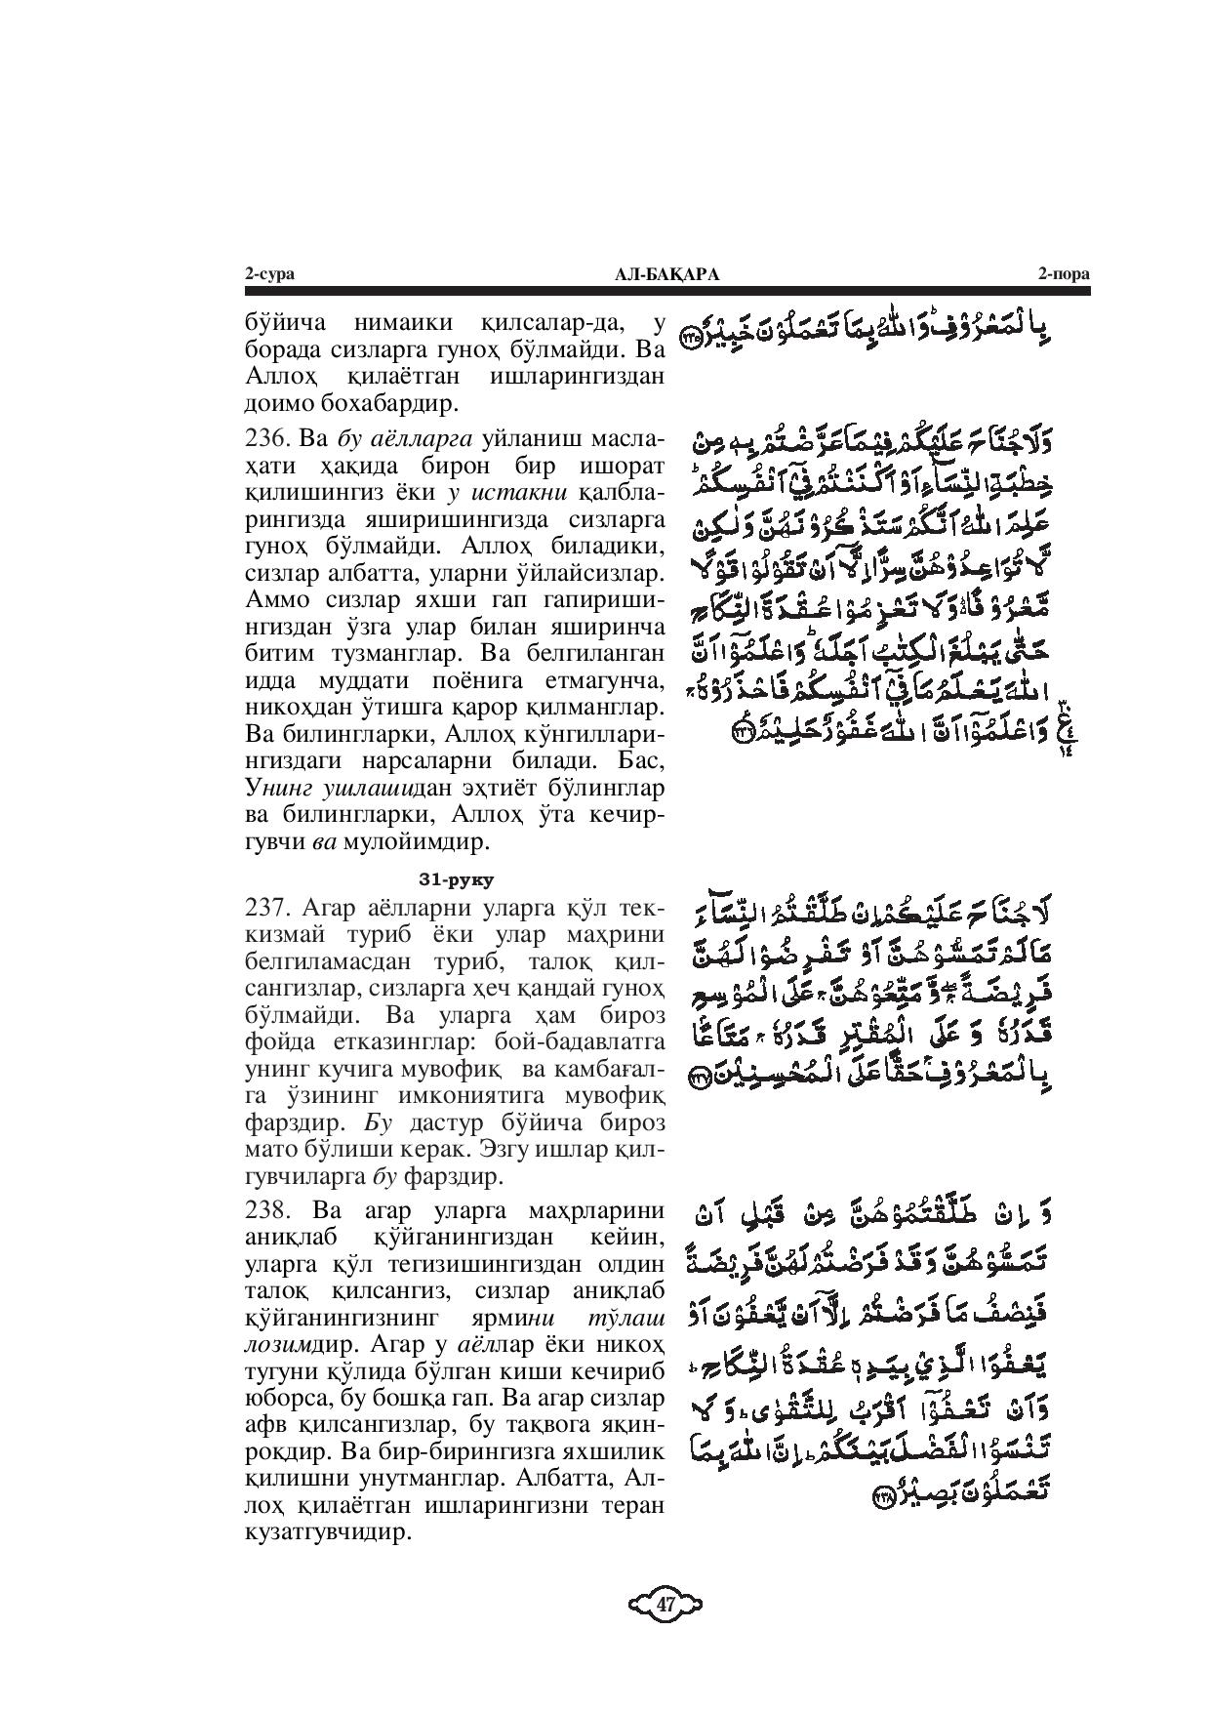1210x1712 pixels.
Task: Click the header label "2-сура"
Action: coord(269,275)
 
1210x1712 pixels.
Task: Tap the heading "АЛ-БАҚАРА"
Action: coord(666,275)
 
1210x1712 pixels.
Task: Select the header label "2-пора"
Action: coord(1064,275)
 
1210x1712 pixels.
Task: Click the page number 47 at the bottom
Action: coord(665,1604)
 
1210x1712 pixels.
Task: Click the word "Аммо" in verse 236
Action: coord(275,598)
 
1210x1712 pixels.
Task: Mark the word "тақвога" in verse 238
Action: coord(544,1425)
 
